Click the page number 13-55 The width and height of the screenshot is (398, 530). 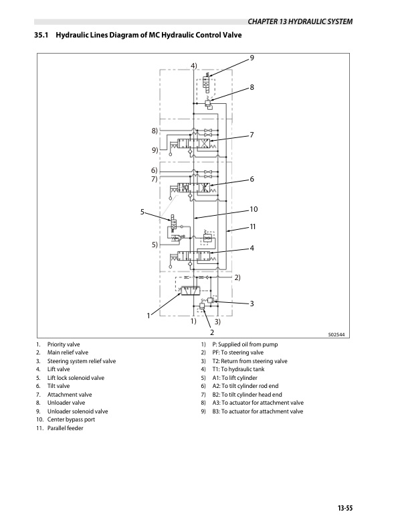pos(344,508)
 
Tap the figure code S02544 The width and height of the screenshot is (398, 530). pos(337,335)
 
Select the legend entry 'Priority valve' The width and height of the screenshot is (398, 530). pos(64,344)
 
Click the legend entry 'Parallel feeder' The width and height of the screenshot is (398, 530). pos(65,428)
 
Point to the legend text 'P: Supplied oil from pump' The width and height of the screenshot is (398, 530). pos(245,344)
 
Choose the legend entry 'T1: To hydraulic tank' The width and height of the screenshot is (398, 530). pos(238,369)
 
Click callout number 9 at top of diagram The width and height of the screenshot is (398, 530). pos(252,58)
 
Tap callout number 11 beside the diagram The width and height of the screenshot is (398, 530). pos(252,226)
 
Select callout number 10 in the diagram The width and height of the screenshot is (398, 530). pos(254,209)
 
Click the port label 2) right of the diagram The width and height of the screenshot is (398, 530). pos(237,277)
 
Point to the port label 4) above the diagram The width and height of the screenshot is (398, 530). pos(194,66)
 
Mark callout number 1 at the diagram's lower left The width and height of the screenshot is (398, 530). pos(148,316)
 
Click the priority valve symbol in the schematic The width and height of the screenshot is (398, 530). pos(191,291)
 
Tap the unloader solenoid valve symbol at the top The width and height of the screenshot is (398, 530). pos(206,83)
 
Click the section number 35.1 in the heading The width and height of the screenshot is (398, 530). pos(41,35)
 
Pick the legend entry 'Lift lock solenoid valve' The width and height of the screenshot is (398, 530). pos(76,378)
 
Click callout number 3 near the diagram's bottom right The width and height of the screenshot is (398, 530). pos(252,304)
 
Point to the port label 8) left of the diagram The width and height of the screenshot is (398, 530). pos(155,131)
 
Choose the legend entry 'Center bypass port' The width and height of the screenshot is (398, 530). pos(71,419)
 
